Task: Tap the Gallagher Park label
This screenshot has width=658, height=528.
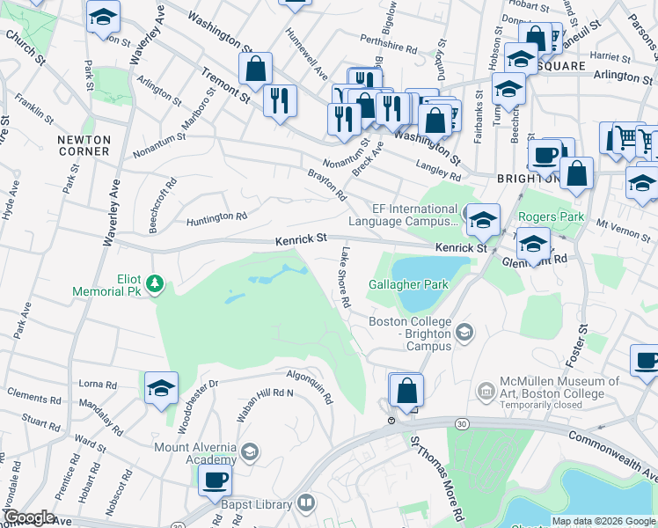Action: [409, 284]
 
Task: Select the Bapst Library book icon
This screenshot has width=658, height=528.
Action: [304, 503]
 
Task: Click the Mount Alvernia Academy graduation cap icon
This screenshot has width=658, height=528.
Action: [249, 452]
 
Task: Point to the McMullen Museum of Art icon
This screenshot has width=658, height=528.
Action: [485, 389]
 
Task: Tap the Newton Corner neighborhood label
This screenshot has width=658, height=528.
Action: [84, 145]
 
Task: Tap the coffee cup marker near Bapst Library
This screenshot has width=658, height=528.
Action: [215, 480]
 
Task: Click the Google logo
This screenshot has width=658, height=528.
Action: [29, 517]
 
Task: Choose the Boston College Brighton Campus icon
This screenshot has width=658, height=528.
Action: [465, 331]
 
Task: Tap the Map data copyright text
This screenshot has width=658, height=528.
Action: [603, 521]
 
